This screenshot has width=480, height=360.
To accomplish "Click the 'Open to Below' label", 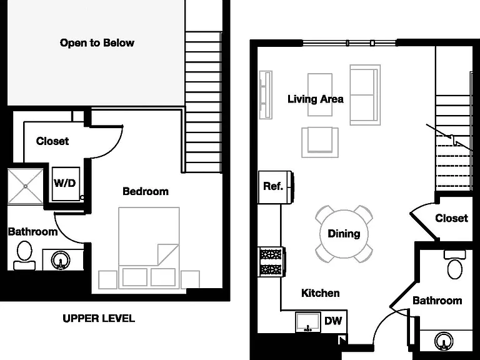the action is coord(97,42).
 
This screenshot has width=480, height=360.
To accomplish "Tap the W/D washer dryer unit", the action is coord(66,184).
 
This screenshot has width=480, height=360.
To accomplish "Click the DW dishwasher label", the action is coord(333,321).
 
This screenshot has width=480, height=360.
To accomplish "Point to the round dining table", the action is coord(344,234).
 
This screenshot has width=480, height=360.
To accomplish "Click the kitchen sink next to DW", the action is coord(308,322).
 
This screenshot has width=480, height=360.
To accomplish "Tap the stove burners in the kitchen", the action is coord(271,262).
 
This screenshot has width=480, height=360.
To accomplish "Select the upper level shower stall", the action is coord(26,186).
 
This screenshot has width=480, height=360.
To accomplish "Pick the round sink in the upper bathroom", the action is coord(61,261).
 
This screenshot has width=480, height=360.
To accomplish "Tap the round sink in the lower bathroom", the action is coord(444,341).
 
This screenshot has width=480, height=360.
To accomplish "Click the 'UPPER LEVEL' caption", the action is coord(99,318).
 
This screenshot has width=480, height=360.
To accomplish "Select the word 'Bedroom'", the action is coord(146,191).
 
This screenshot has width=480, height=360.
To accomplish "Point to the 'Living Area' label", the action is coord(315,99).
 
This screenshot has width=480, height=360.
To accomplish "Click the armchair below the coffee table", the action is coord(320,142).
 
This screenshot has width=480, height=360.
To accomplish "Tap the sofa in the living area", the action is coord(365,95).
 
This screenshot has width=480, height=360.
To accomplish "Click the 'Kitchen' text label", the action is coord(321,293).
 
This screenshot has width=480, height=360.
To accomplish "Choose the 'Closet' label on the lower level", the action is coord(451,218).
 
